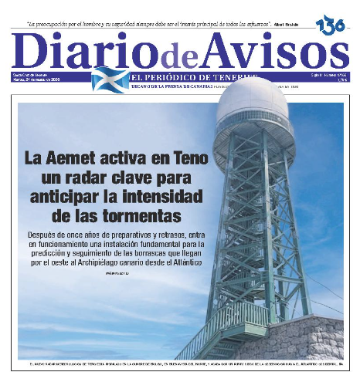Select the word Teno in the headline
pyautogui.click(x=185, y=159)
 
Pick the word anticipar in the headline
pyautogui.click(x=70, y=195)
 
